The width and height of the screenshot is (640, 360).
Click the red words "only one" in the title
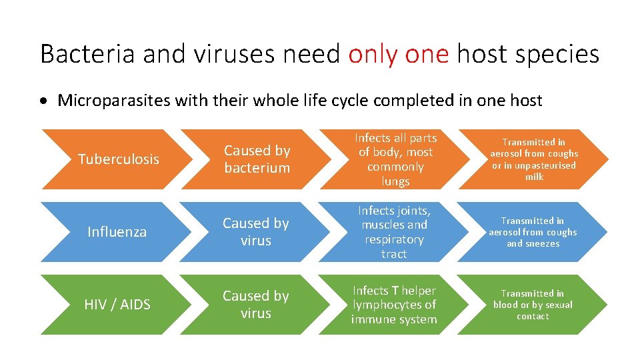[398, 54]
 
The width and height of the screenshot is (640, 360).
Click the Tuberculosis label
[119, 159]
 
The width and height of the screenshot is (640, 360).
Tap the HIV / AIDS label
[117, 305]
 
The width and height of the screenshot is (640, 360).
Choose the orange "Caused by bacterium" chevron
[257, 159]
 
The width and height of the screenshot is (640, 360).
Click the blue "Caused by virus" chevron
[256, 232]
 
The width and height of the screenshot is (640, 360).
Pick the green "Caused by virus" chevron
[256, 305]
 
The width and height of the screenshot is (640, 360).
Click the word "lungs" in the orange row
[395, 181]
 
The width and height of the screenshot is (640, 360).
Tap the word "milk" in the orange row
[534, 177]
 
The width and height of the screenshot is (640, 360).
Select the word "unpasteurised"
[543, 165]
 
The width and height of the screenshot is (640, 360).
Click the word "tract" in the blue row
[394, 254]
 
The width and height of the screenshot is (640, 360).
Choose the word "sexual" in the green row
[558, 305]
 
